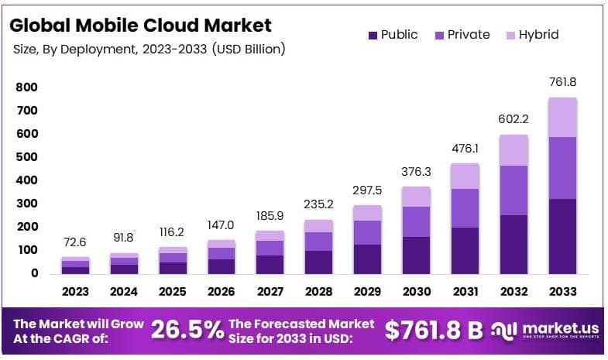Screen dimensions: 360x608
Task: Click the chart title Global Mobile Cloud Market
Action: tap(140, 25)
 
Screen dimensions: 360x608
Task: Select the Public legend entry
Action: tap(393, 35)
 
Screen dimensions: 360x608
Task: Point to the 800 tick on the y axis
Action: tap(27, 87)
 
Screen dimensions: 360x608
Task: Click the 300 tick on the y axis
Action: tap(27, 204)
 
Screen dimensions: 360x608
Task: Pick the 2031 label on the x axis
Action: tap(465, 293)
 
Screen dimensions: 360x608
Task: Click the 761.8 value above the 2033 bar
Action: tap(562, 81)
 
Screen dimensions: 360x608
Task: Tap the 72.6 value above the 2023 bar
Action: tap(76, 242)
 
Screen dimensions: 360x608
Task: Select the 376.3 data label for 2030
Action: tap(417, 171)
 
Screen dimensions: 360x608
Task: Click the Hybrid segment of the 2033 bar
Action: tap(562, 117)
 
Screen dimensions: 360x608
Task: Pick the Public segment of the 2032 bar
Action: tap(513, 244)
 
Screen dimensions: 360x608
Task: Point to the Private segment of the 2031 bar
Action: tap(465, 207)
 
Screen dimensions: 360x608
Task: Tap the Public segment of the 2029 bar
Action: tap(367, 259)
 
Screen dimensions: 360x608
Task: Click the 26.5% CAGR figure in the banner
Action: tap(187, 331)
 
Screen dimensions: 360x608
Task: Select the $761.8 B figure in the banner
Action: tap(434, 331)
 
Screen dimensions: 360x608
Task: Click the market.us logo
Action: tap(546, 331)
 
